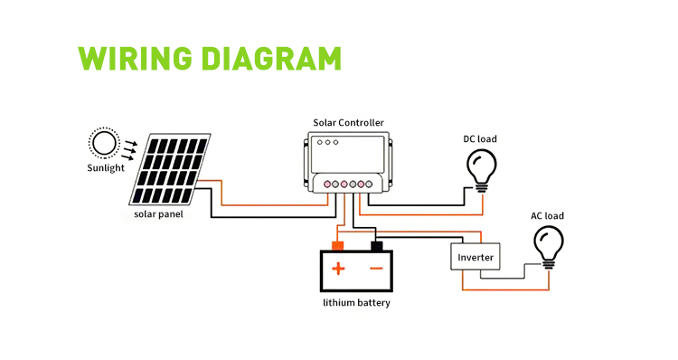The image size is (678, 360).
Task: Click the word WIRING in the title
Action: click(x=135, y=59)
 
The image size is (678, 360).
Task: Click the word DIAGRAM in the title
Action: click(x=271, y=59)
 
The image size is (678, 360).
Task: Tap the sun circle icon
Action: click(x=104, y=143)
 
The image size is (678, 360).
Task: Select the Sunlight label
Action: click(x=106, y=168)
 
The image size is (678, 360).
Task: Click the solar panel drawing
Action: click(x=170, y=169)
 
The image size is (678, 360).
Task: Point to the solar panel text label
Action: click(x=158, y=214)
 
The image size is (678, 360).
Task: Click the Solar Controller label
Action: click(x=349, y=123)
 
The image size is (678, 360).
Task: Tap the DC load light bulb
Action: click(x=481, y=171)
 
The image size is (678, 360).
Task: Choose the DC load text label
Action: click(x=480, y=139)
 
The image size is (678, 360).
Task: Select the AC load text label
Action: click(x=548, y=216)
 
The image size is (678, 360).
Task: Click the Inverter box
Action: click(x=476, y=257)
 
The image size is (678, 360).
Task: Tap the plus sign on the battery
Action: click(x=338, y=269)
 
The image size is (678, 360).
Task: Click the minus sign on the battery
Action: click(x=377, y=269)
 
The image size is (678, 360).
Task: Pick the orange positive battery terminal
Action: click(x=337, y=246)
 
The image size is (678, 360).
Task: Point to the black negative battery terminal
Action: click(x=377, y=246)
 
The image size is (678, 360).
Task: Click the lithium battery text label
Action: click(x=356, y=303)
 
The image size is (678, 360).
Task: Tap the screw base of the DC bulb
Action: click(x=481, y=188)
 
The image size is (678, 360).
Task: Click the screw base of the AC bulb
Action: click(x=549, y=265)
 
